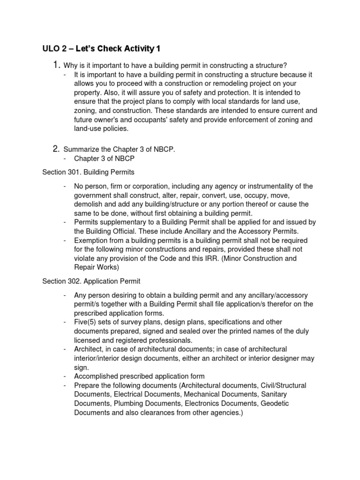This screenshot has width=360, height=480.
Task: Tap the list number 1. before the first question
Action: pyautogui.click(x=57, y=64)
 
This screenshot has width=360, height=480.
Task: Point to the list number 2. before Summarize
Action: pyautogui.click(x=57, y=149)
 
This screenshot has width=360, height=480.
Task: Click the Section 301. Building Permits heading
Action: pyautogui.click(x=88, y=172)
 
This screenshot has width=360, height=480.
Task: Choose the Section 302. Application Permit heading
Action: pyautogui.click(x=90, y=281)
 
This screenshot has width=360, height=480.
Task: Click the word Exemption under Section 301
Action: pyautogui.click(x=91, y=240)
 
